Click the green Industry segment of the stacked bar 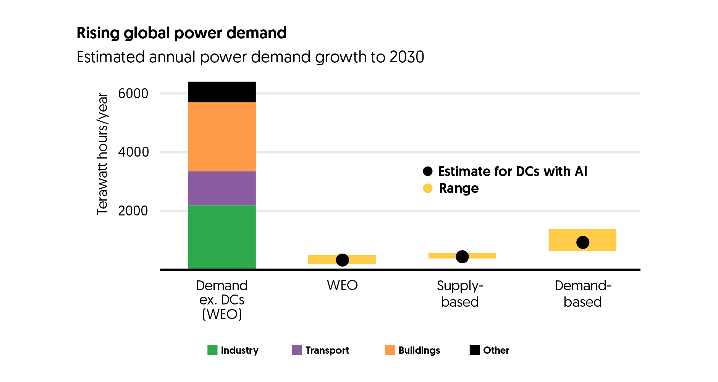coord(222,237)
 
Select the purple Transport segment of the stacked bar coord(222,188)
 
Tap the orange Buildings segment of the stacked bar coord(222,136)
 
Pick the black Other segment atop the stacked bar coord(222,92)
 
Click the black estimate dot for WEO coord(342,260)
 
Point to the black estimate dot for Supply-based coord(462,257)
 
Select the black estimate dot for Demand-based coord(582,242)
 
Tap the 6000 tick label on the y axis coord(133,94)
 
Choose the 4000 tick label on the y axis coord(133,152)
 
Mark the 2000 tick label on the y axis coord(133,211)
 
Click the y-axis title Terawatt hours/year coord(102,154)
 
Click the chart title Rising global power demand coord(181,33)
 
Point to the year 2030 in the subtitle coord(407,57)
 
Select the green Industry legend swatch coord(212,350)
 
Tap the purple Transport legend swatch coord(297,350)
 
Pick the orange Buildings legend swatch coord(390,350)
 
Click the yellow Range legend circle coord(428,188)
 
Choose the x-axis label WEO coord(342,285)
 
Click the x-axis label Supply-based coord(460,294)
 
